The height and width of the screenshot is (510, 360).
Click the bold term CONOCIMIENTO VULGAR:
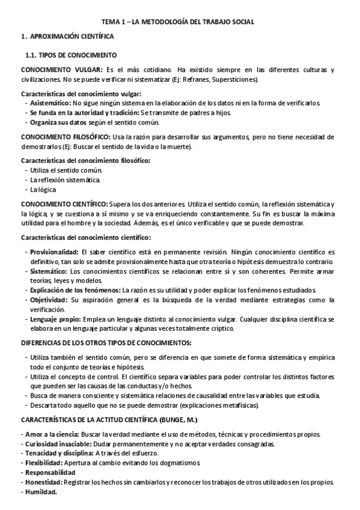(x=61, y=70)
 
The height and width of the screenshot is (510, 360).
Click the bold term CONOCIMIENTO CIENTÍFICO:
(x=64, y=204)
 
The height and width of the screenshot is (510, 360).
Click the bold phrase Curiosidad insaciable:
(x=57, y=444)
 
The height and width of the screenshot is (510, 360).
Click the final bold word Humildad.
(x=41, y=491)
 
